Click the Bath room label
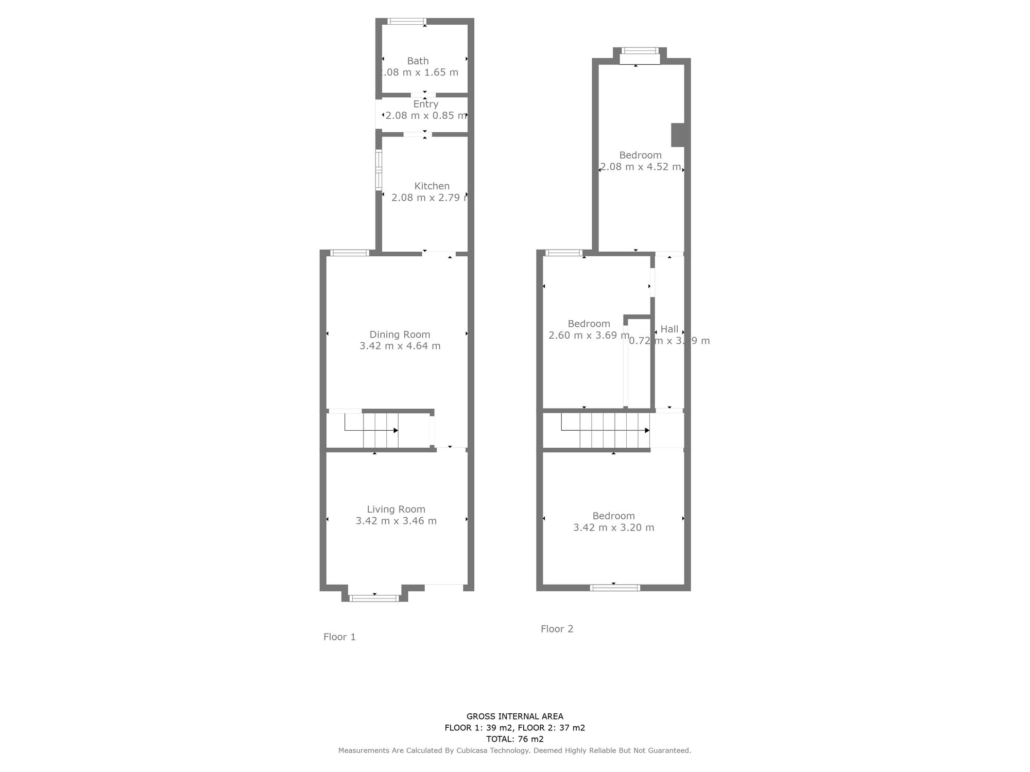tap(418, 61)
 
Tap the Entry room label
tap(425, 104)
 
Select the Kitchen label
tap(432, 186)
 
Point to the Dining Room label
tap(400, 335)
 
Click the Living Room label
tap(396, 510)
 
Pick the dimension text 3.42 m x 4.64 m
tap(400, 346)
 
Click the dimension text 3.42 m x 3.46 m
tap(396, 521)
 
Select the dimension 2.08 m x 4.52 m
tap(640, 167)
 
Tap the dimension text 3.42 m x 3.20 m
tap(613, 528)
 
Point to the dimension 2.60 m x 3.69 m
tap(589, 336)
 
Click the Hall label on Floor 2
tap(669, 329)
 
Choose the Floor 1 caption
tap(339, 637)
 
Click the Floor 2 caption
tap(557, 628)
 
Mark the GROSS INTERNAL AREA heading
tap(514, 716)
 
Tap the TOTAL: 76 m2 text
tap(514, 739)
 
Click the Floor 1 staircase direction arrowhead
tap(396, 430)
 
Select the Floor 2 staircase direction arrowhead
tap(647, 430)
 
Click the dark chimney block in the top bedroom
tap(678, 135)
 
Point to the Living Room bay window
tap(374, 598)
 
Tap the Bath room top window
tap(406, 22)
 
